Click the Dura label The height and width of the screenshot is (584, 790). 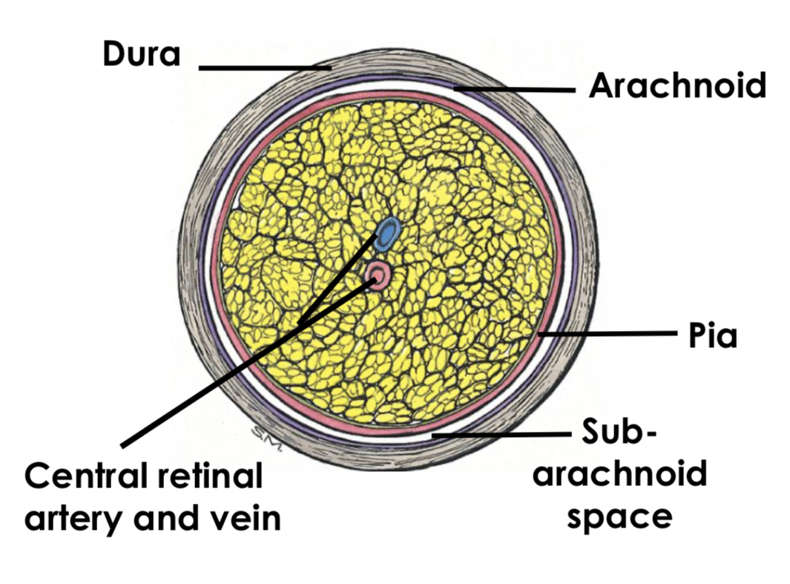[x=141, y=54]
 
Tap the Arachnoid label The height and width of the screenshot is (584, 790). [x=677, y=86]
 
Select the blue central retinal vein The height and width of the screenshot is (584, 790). [x=386, y=234]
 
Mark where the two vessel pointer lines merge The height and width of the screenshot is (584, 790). [x=298, y=325]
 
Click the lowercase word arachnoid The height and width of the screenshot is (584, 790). [x=619, y=473]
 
